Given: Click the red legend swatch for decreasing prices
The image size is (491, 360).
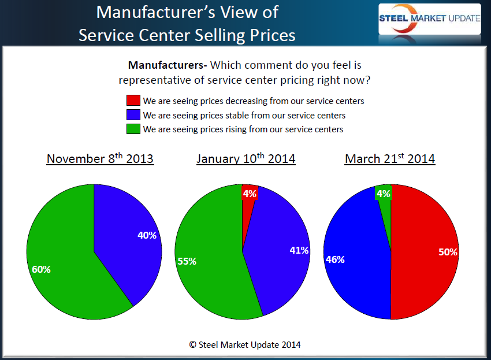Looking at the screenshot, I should coord(133,101).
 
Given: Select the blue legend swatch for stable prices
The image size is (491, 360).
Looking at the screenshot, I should coord(133,115).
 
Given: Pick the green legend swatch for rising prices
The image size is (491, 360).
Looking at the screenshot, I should coord(133,129).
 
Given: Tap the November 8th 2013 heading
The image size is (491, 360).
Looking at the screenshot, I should coord(100,158).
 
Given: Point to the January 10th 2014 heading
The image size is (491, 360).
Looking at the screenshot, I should coord(245,158).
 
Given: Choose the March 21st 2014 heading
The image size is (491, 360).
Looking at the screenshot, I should coord(390,158).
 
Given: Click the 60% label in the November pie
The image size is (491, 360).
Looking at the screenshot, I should coord(42,269).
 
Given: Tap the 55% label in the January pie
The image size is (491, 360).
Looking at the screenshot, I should coord(187,261).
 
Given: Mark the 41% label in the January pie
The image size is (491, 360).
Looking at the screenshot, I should coord(299,250).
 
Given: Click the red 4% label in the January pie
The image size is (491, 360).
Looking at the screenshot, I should coord(250,194).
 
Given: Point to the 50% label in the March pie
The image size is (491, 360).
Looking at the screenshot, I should coord(448,252).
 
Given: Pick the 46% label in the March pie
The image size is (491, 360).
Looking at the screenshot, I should coord(335,259).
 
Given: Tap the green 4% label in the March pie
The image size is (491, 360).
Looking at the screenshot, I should coord(384,194).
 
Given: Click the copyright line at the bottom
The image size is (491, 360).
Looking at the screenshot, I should coord(245,344).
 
